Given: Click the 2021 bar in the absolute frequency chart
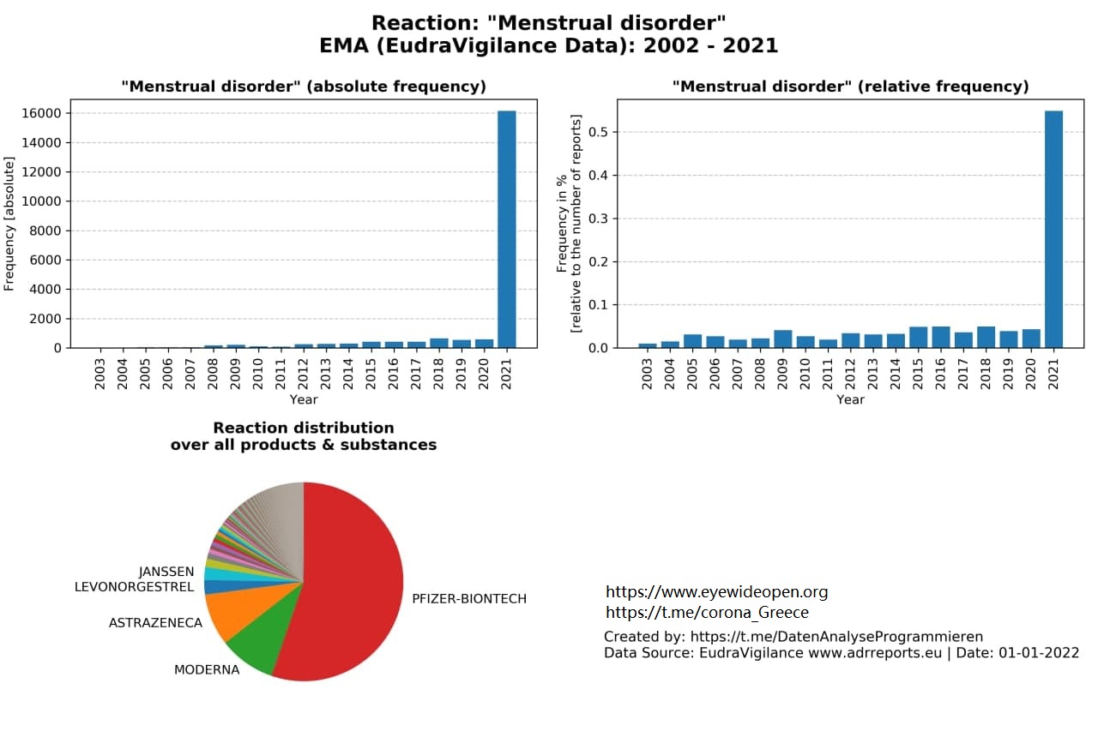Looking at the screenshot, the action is coord(506,229).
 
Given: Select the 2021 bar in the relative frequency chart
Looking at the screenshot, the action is coord(1053,229).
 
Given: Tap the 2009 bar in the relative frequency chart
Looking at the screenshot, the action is coord(783,339).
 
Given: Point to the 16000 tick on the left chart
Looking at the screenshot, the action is coord(42,113).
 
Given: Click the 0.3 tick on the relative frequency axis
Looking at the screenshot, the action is coord(598,219).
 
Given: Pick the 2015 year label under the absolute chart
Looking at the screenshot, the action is coord(371,374).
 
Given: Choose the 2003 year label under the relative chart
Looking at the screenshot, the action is coord(647,374).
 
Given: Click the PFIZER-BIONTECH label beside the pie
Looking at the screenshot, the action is coord(469,599).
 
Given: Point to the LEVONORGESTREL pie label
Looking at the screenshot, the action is coord(135,586).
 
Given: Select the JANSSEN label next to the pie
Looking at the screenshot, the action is coord(166,572).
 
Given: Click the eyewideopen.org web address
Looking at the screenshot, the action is coord(716,592).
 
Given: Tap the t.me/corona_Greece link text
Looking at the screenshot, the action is coord(708,613).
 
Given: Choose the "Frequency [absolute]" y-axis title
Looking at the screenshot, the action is coord(9,224).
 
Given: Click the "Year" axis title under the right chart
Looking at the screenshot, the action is coord(850,399).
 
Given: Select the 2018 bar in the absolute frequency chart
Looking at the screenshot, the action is coord(438,344).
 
